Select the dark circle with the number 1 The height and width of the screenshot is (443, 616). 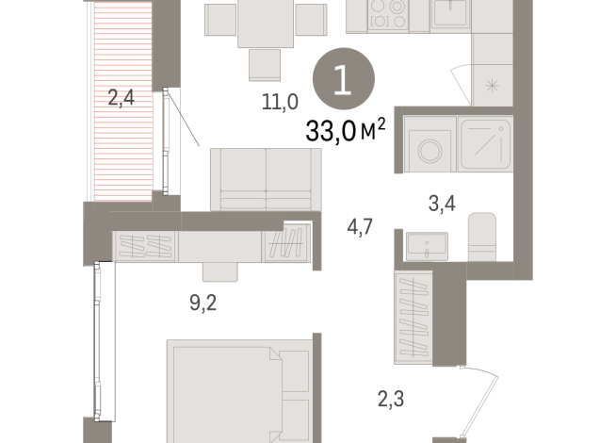click(343, 82)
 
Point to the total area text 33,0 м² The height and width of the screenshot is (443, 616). click(345, 130)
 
